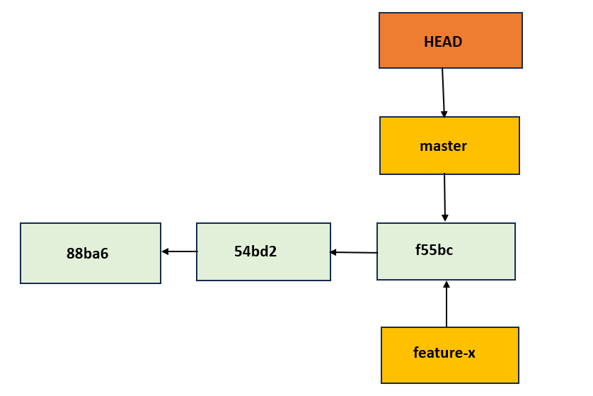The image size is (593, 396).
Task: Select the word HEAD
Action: pos(443,42)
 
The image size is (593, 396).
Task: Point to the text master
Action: pos(443,147)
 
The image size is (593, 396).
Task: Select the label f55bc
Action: pos(434,250)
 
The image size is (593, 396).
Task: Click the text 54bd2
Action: pos(255,251)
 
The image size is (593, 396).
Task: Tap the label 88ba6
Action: pos(87,254)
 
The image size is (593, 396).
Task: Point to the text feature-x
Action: pos(444,353)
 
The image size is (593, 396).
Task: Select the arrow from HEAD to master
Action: pos(443,92)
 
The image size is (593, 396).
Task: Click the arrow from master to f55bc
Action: pos(444,197)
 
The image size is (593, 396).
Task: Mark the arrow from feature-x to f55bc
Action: pos(447,305)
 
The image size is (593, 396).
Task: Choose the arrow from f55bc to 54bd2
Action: pos(354,252)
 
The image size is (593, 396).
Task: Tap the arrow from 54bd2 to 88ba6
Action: pos(179,251)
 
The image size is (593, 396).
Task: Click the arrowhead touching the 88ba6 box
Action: pos(165,251)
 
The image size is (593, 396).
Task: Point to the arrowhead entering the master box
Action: pos(444,114)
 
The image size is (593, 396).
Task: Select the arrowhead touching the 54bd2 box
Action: pos(333,252)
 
